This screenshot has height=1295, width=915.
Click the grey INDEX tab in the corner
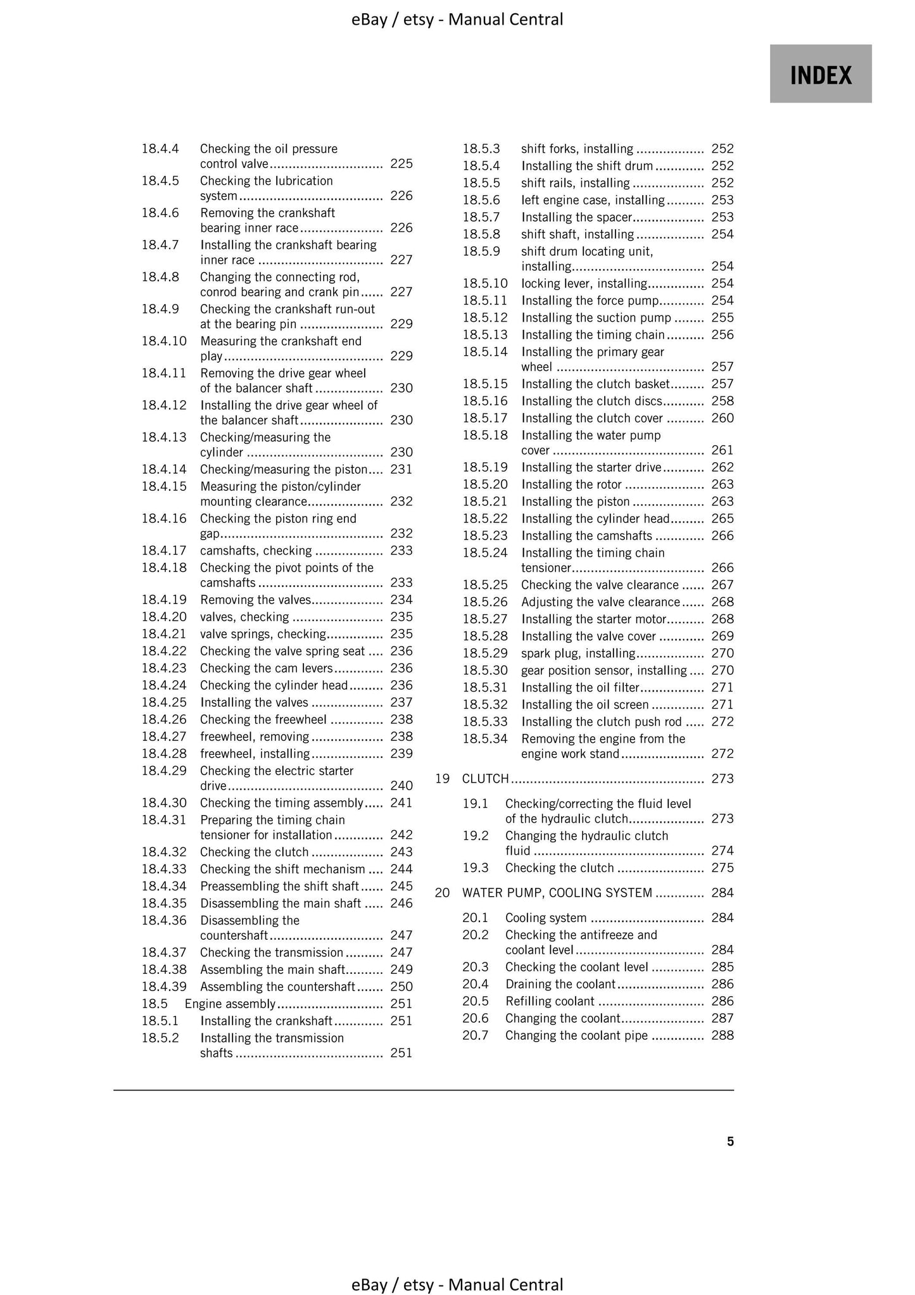click(820, 74)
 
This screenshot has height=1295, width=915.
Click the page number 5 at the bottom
click(730, 1141)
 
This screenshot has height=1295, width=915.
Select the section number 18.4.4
click(160, 149)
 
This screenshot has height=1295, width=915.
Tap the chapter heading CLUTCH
click(486, 778)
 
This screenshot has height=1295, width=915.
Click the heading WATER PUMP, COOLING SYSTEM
click(557, 893)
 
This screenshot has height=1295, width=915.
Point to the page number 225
click(401, 164)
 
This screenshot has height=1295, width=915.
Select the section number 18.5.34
click(485, 739)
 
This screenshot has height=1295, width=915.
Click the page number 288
click(723, 1035)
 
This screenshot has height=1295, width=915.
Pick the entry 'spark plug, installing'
click(577, 654)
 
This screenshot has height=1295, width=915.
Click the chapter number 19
click(443, 778)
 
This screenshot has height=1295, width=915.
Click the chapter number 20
click(443, 893)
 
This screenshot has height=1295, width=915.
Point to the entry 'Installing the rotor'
click(571, 484)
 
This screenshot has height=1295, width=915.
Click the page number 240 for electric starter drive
click(401, 786)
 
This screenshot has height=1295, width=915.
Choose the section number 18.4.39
click(164, 987)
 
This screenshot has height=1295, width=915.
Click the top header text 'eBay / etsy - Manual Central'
click(457, 20)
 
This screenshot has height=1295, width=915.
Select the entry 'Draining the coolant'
click(560, 984)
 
